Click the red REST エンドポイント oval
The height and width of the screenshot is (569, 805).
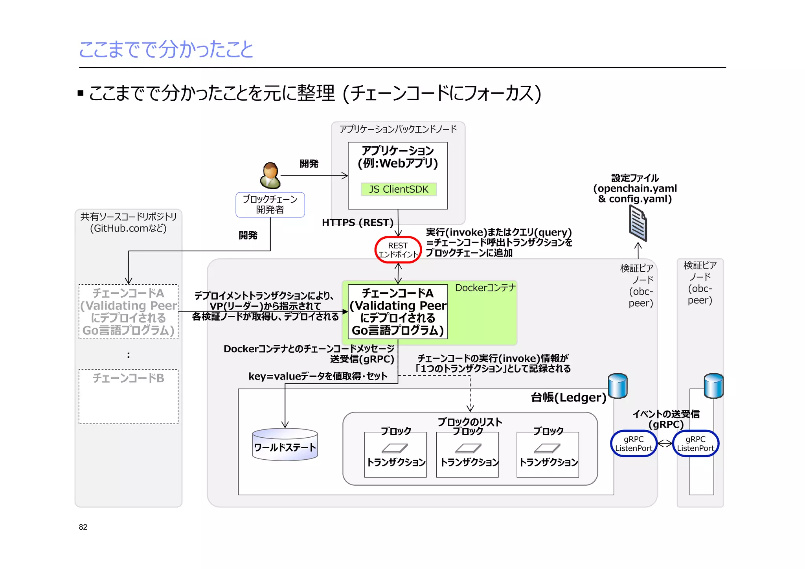coord(398,250)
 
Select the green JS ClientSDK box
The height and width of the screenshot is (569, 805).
coord(399,189)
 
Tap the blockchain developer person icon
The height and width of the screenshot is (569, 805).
coord(270,176)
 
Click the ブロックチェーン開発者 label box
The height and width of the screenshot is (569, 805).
coord(270,204)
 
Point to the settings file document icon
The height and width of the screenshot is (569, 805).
coord(638,224)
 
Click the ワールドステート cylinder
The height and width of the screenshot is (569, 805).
coord(285,445)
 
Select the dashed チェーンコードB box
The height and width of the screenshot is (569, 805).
coord(128,396)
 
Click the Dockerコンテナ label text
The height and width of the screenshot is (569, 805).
coord(485,288)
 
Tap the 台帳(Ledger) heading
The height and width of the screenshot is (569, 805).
coord(568,398)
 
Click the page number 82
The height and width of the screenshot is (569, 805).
coord(83,527)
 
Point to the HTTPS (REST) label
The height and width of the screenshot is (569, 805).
coord(357,223)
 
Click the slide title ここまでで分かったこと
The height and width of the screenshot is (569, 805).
coord(166,50)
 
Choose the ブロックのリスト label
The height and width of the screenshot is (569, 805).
coord(470,422)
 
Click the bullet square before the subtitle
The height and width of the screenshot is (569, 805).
coord(81,94)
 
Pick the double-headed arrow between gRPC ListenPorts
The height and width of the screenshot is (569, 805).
coord(665,444)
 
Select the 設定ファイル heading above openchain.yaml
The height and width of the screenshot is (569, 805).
coord(635,178)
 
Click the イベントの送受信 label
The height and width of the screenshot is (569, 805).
coord(666,414)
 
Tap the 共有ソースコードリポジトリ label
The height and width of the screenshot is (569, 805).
coord(128,217)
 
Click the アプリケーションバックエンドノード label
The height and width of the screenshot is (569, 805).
coord(398,129)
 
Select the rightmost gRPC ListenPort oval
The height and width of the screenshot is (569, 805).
coord(695,444)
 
